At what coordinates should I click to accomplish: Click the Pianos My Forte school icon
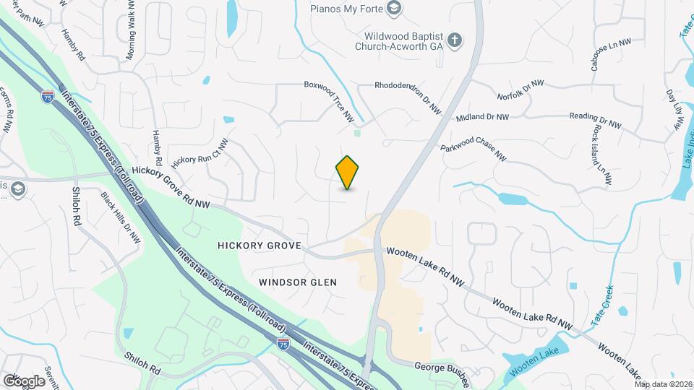[393, 8]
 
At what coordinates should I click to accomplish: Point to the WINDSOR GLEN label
[297, 282]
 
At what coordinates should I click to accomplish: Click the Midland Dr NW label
[482, 117]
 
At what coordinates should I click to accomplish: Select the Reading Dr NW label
[595, 120]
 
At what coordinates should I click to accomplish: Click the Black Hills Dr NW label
[120, 217]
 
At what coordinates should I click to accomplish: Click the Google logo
[24, 381]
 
